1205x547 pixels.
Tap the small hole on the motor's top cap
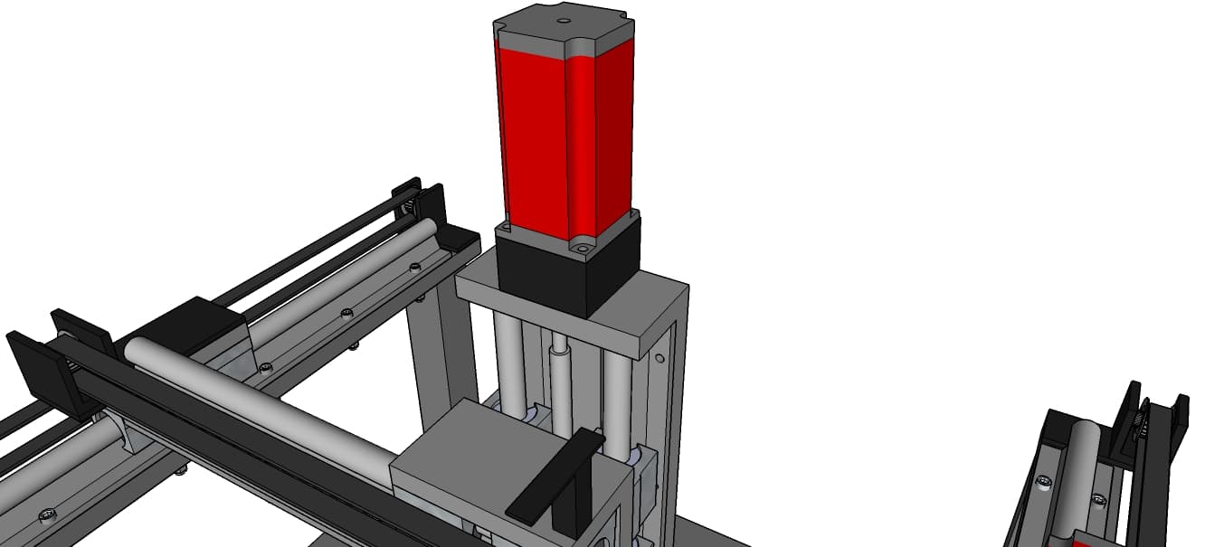pos(562,19)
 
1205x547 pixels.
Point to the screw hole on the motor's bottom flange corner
pos(582,244)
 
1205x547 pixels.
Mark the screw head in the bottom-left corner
pos(45,516)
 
